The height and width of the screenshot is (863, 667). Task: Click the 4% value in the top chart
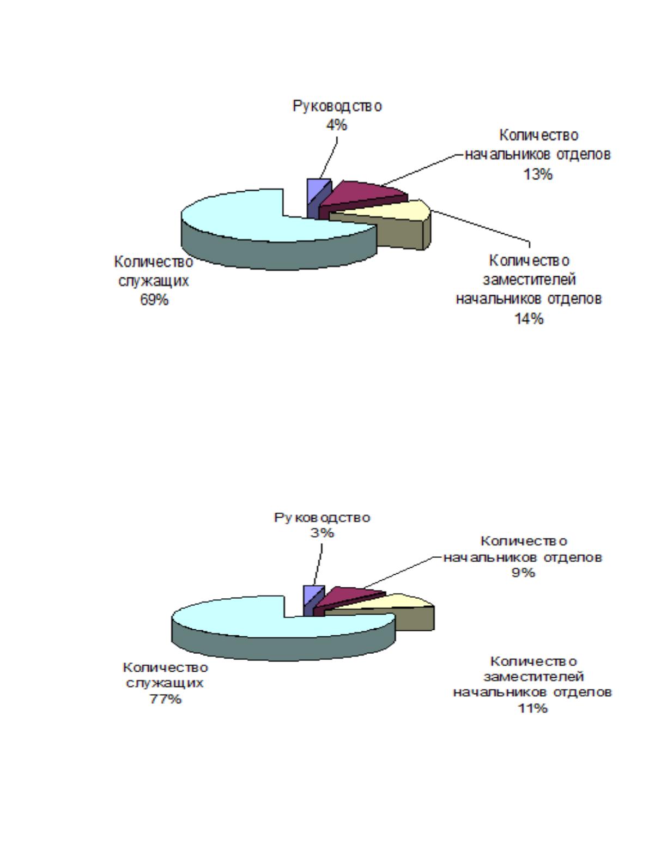pos(336,125)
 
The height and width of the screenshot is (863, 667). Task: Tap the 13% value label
pos(538,174)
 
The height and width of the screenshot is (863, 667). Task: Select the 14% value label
pos(529,318)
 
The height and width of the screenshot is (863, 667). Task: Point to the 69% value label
pos(154,300)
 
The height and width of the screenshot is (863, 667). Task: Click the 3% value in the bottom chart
pos(322,533)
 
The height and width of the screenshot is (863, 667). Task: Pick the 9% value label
pos(523,573)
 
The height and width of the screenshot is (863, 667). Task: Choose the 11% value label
pos(532,708)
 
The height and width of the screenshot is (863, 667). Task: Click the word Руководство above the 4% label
pos(337,106)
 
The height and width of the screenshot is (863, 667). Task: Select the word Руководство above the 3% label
pos(322,518)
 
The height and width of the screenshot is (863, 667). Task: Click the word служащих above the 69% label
pos(154,282)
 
